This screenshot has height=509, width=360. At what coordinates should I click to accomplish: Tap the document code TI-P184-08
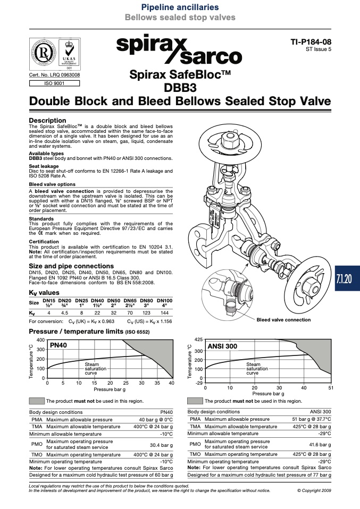click(311, 42)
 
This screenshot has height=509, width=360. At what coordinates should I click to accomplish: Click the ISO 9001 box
click(54, 83)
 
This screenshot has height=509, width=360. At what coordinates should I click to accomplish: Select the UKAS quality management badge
click(69, 54)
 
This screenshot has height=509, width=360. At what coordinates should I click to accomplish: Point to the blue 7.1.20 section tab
click(347, 278)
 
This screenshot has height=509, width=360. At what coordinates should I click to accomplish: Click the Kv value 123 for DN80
click(147, 313)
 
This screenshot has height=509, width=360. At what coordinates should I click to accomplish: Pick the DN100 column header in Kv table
click(165, 303)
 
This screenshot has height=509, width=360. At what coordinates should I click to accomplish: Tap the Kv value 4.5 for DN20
click(65, 313)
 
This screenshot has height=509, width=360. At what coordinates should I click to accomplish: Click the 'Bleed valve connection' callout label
click(283, 320)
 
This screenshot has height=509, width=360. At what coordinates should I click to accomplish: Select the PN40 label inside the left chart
click(58, 345)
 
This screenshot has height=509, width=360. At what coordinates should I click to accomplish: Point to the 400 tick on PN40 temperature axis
click(40, 340)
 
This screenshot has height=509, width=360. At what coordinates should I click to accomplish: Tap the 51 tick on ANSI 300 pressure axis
click(331, 387)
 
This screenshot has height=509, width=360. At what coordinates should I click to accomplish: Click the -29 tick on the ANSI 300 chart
click(199, 383)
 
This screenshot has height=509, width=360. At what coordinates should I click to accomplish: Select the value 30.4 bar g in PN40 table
click(161, 445)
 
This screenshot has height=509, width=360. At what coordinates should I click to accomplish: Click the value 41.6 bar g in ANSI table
click(320, 445)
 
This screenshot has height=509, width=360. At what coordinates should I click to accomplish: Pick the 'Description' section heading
click(47, 121)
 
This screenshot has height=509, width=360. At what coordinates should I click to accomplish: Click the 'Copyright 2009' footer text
click(314, 490)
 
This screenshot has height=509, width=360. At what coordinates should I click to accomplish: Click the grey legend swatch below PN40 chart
click(37, 401)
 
